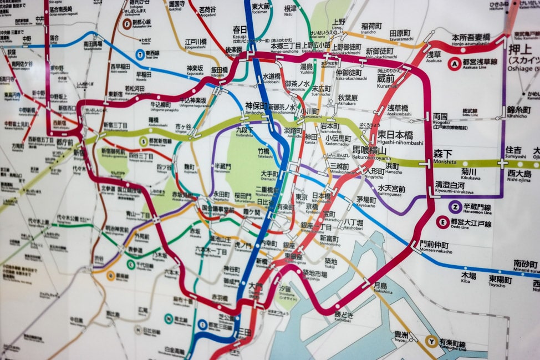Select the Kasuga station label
click(240, 31)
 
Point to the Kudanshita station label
click(244, 130)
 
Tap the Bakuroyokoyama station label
click(377, 150)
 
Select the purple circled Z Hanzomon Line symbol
click(455, 207)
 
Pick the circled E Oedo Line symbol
click(442, 222)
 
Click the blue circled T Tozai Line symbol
click(140, 54)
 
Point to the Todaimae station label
click(261, 8)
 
